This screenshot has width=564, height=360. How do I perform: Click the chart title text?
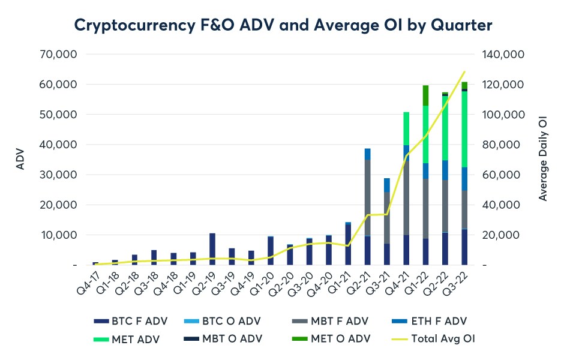(x=282, y=25)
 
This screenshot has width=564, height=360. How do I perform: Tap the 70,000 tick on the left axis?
(x=59, y=55)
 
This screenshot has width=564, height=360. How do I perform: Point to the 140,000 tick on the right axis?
(x=503, y=55)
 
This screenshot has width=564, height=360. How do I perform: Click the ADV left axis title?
(x=20, y=160)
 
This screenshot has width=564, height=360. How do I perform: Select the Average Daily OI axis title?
(x=544, y=160)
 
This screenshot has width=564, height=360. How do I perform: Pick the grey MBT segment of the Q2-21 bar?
(x=367, y=198)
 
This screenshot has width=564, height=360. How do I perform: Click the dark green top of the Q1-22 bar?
(x=425, y=95)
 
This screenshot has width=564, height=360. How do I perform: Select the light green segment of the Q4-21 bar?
(x=406, y=128)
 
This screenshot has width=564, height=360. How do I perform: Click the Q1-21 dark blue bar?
(x=348, y=244)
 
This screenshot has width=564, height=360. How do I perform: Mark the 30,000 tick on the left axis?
(x=59, y=175)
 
